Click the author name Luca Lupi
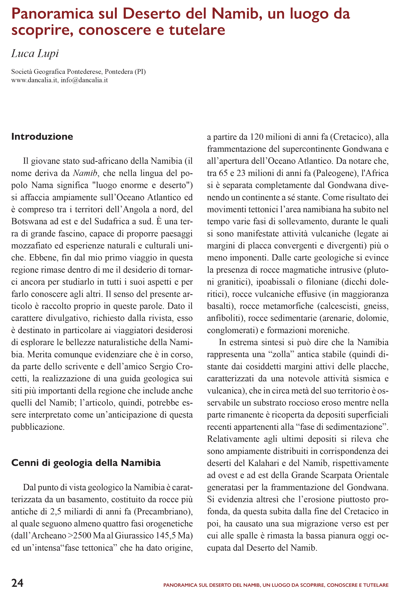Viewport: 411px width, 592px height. pyautogui.click(x=35, y=53)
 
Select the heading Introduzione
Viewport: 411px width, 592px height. pyautogui.click(x=42, y=136)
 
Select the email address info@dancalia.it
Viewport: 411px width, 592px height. pyautogui.click(x=84, y=80)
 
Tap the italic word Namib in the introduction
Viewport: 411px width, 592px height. pyautogui.click(x=85, y=173)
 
